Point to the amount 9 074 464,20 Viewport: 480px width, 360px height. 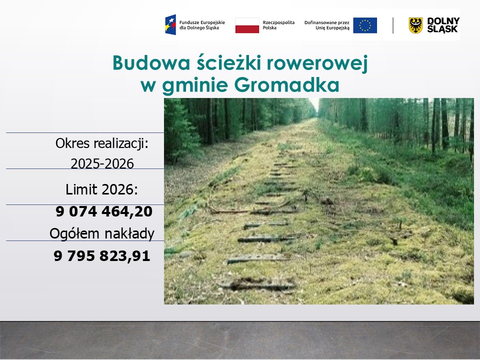tap(104, 212)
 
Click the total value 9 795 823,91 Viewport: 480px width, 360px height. tap(102, 256)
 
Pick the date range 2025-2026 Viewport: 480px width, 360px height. tap(102, 163)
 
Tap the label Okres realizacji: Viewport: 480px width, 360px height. tap(102, 144)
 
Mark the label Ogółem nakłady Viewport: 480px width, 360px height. tap(101, 233)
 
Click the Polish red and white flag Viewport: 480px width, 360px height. tap(247, 25)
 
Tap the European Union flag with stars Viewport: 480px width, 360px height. tap(365, 25)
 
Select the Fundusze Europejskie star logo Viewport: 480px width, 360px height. tap(170, 25)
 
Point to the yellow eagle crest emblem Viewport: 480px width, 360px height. tap(415, 25)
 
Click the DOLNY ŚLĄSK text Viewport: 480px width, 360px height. tap(443, 25)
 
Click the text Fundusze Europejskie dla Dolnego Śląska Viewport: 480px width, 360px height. tap(202, 25)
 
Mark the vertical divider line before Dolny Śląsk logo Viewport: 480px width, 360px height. tap(393, 25)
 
